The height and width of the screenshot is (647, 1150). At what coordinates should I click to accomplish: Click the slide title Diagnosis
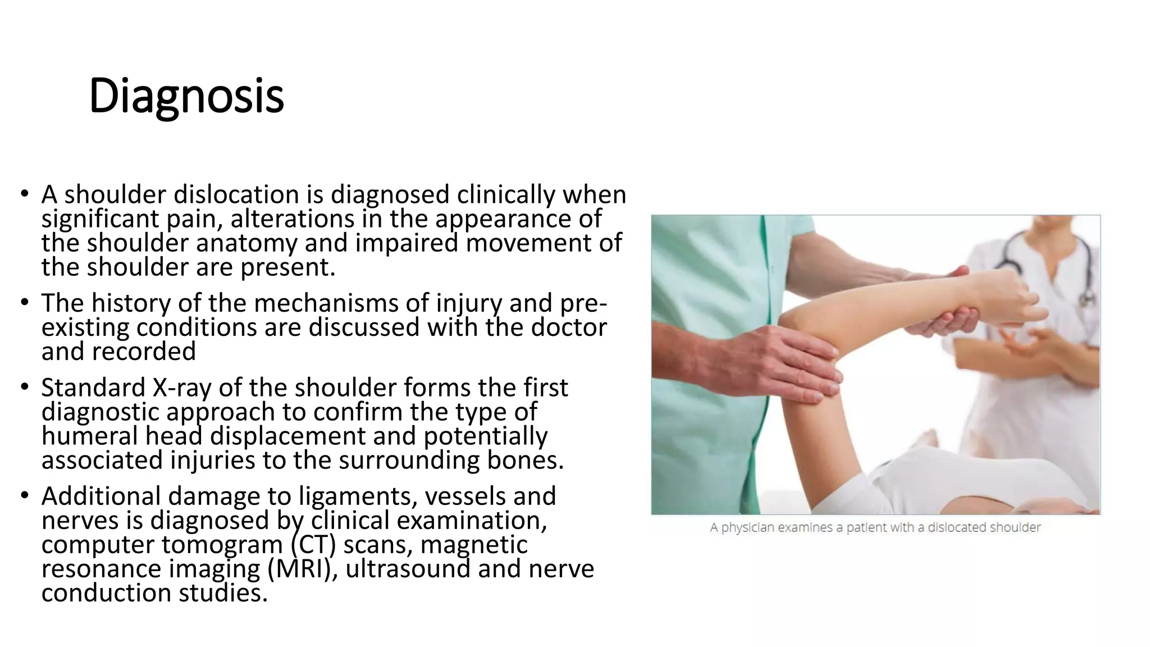186,95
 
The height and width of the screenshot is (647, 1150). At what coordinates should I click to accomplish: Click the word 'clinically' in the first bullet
505,195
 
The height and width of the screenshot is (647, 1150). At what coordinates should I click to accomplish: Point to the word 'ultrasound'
408,569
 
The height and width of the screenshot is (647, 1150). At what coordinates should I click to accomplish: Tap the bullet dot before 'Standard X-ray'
24,387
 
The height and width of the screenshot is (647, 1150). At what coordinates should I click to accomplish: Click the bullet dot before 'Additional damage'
24,495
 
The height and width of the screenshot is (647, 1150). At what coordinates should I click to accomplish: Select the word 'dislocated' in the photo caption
953,528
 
